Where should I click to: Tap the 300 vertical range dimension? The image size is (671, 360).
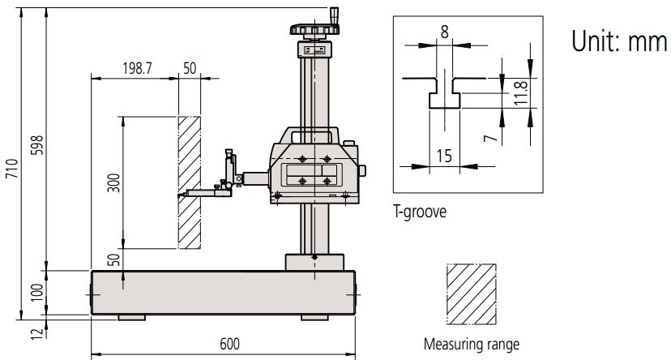[113, 182]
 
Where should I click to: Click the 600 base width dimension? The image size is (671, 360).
[229, 344]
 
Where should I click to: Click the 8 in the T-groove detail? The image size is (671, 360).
[444, 33]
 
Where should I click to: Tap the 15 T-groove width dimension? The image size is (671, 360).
[444, 155]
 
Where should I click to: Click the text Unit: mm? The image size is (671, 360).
[618, 41]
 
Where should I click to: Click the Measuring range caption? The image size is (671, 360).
[471, 345]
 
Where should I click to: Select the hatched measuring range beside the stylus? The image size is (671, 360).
[190, 182]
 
